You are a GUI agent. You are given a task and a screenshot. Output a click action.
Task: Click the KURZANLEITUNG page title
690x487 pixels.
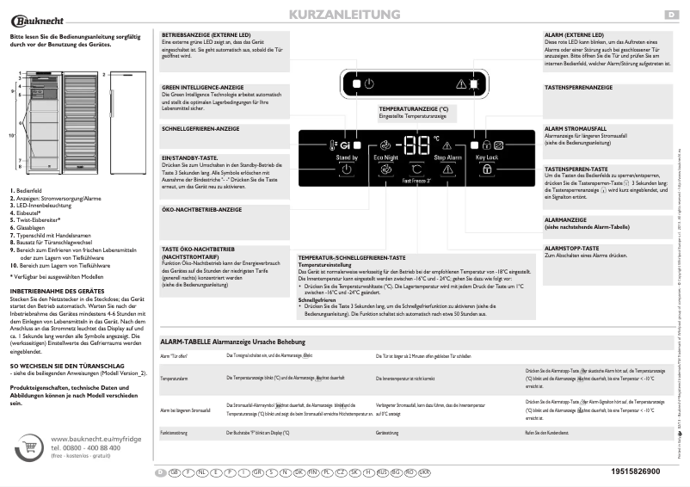coord(343,15)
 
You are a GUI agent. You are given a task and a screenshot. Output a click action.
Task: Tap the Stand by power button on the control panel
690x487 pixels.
coord(347,170)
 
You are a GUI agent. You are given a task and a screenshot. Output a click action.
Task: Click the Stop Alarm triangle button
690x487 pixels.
coord(447,170)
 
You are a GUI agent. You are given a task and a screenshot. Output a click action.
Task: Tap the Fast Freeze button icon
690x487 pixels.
coord(416,170)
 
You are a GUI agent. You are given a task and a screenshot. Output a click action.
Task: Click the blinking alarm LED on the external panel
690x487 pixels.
coord(461,83)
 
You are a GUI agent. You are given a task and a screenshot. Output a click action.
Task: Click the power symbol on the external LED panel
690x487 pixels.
coord(369,83)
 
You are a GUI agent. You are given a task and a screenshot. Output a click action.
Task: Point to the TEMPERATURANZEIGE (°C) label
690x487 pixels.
coord(414,109)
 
